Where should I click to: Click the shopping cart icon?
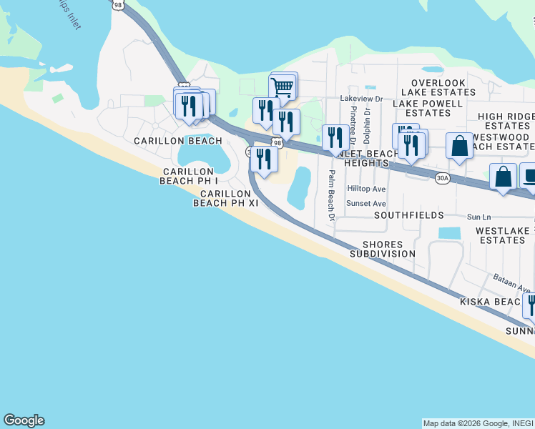coord(283,88)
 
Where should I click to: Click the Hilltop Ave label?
coord(366,189)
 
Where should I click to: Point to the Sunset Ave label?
coord(366,203)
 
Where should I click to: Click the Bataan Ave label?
coord(511,284)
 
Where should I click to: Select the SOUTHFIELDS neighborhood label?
coord(408,215)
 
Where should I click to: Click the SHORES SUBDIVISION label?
coord(383,249)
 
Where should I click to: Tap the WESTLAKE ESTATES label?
coord(504,235)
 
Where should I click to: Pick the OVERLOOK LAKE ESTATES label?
coord(433,87)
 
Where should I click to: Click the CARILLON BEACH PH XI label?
coord(225,198)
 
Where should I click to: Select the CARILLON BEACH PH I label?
coord(188,176)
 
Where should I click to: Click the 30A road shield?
coord(443,178)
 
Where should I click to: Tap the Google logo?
coord(24,420)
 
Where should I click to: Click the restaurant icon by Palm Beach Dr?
coord(334,136)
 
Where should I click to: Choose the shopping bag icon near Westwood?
coord(459,147)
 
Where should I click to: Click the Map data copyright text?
coord(478,423)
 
